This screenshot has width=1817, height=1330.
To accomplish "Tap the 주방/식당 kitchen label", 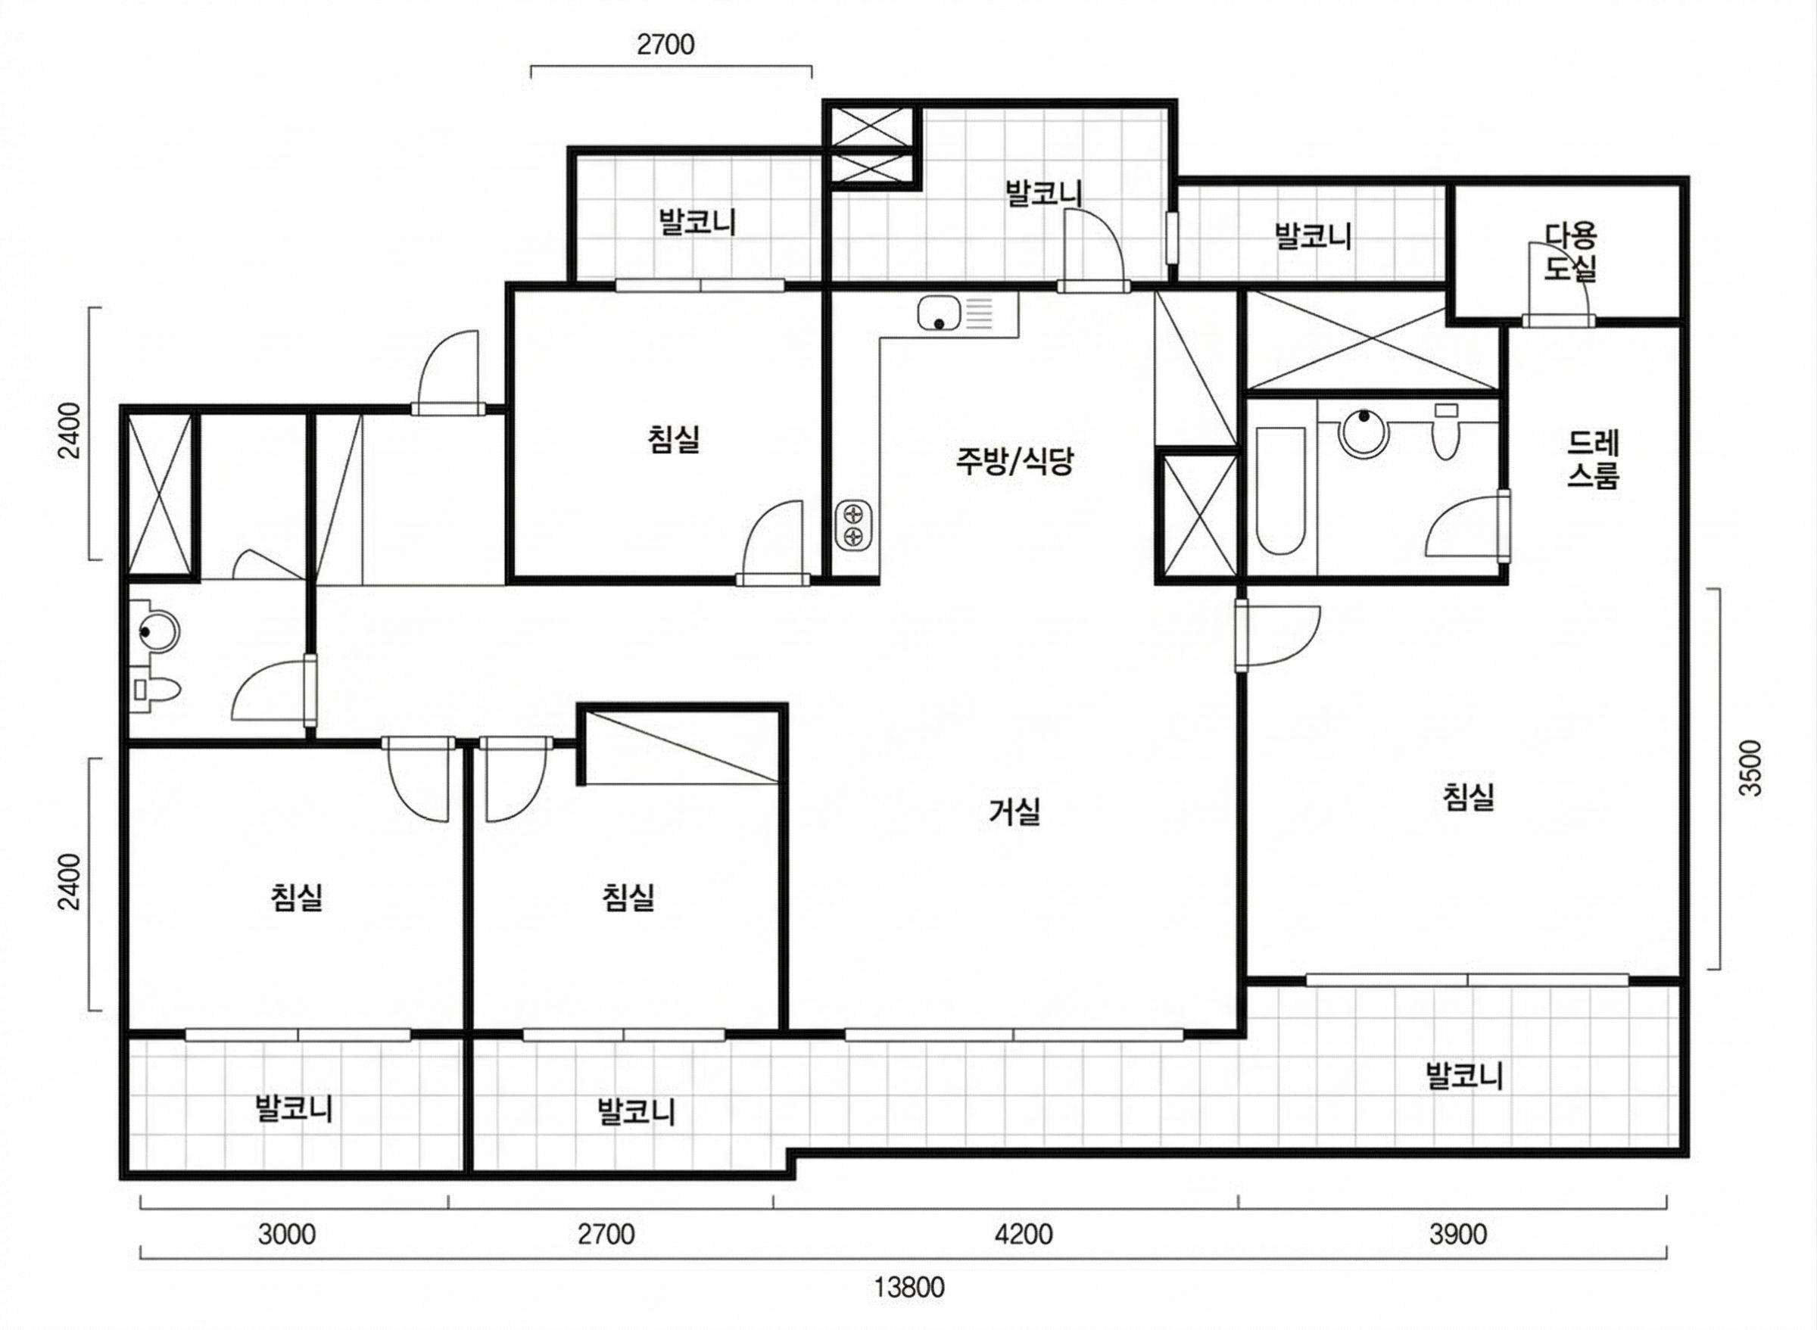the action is click(1014, 461).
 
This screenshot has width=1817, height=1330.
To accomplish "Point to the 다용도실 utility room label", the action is click(1570, 251).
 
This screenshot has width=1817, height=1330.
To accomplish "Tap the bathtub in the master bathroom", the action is click(1280, 491).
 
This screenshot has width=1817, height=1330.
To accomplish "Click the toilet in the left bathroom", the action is click(157, 690).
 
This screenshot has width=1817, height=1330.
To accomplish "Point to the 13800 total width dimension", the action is click(910, 1288).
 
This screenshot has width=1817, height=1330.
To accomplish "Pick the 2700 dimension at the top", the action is click(665, 45).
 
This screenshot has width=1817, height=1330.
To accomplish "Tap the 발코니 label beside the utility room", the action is click(1313, 237).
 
